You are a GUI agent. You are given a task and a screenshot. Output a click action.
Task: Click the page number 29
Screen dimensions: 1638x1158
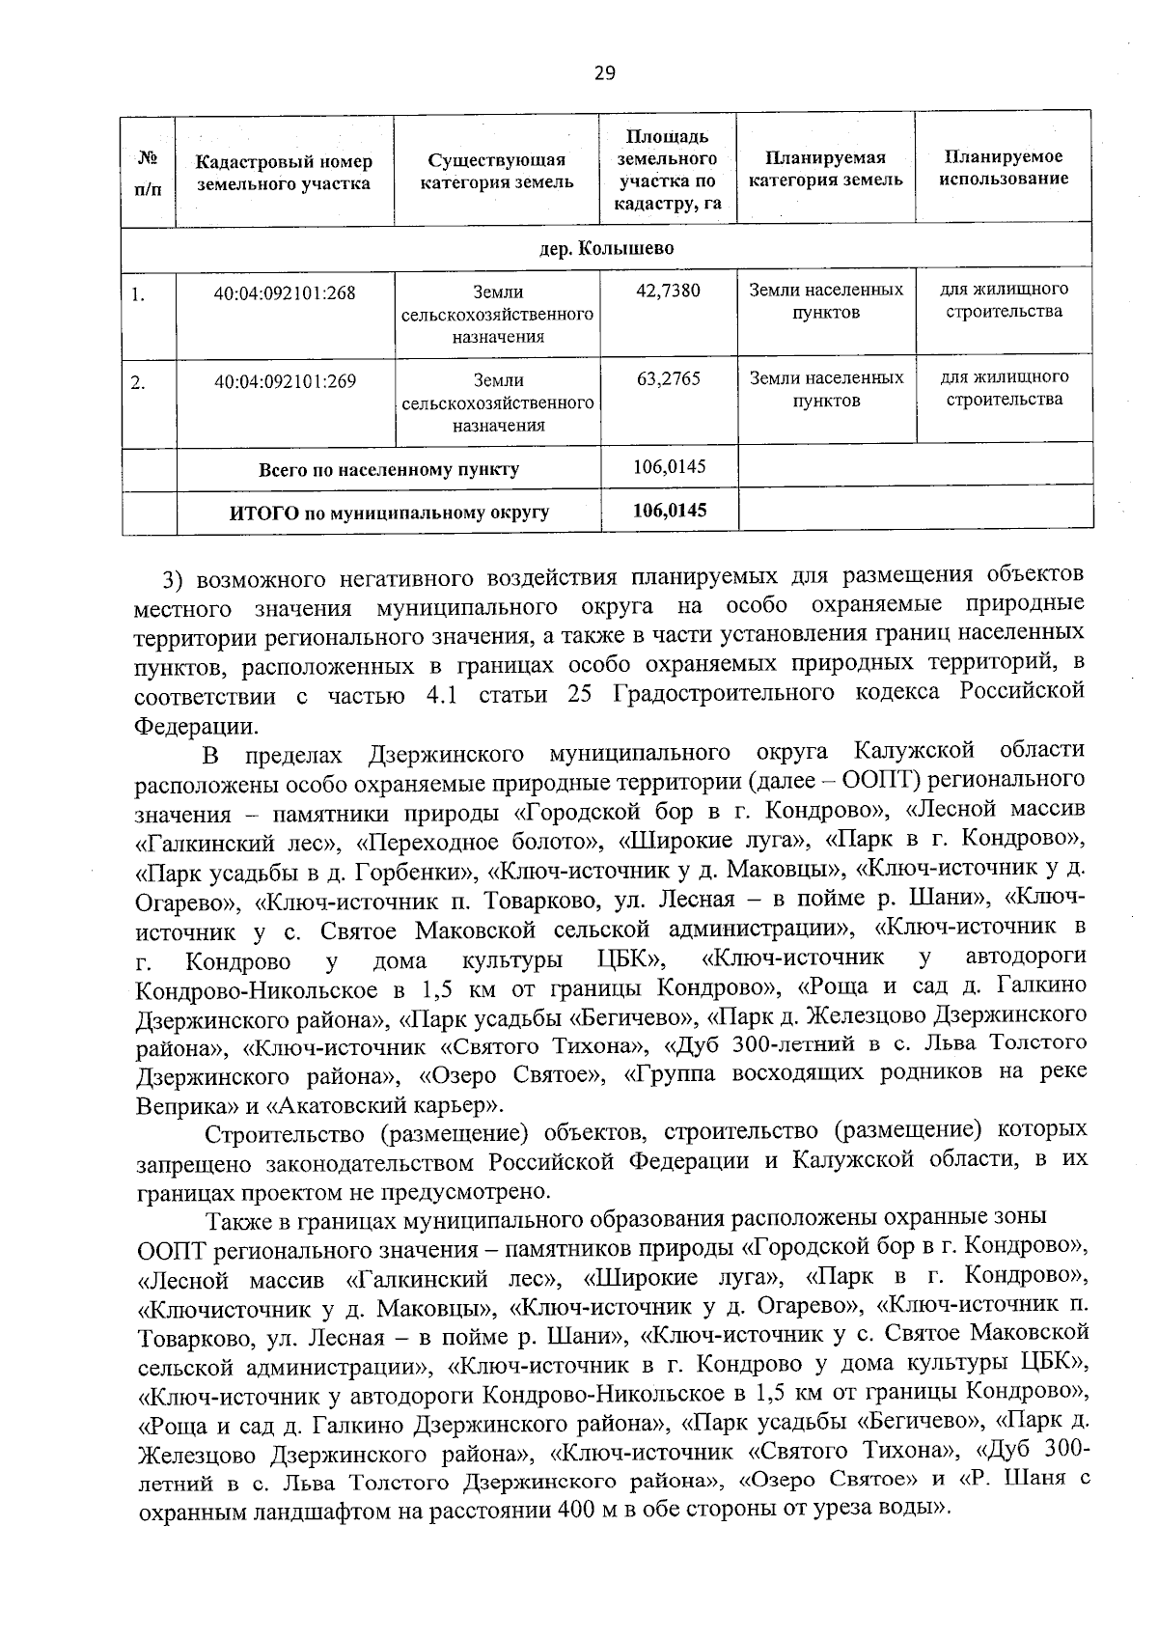click(605, 73)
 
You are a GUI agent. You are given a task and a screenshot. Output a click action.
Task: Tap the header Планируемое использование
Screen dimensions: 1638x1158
click(1004, 168)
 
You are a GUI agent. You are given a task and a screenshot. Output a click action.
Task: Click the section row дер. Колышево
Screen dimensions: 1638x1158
click(606, 249)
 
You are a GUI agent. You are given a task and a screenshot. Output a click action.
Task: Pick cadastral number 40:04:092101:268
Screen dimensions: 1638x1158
click(285, 292)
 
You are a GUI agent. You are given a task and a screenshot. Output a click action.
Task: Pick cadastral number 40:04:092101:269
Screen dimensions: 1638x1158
click(285, 381)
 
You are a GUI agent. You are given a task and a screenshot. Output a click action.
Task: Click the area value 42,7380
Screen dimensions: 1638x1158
click(669, 291)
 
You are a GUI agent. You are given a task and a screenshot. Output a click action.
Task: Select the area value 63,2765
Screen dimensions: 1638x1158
click(669, 378)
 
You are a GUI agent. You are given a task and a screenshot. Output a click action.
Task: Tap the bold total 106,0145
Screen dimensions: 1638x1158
click(670, 511)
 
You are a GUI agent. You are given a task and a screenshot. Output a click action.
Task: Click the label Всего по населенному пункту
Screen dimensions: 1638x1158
click(388, 470)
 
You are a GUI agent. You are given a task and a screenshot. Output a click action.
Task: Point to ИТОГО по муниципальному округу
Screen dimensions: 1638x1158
click(388, 513)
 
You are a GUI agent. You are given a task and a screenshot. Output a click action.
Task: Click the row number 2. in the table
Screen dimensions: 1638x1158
click(139, 382)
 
